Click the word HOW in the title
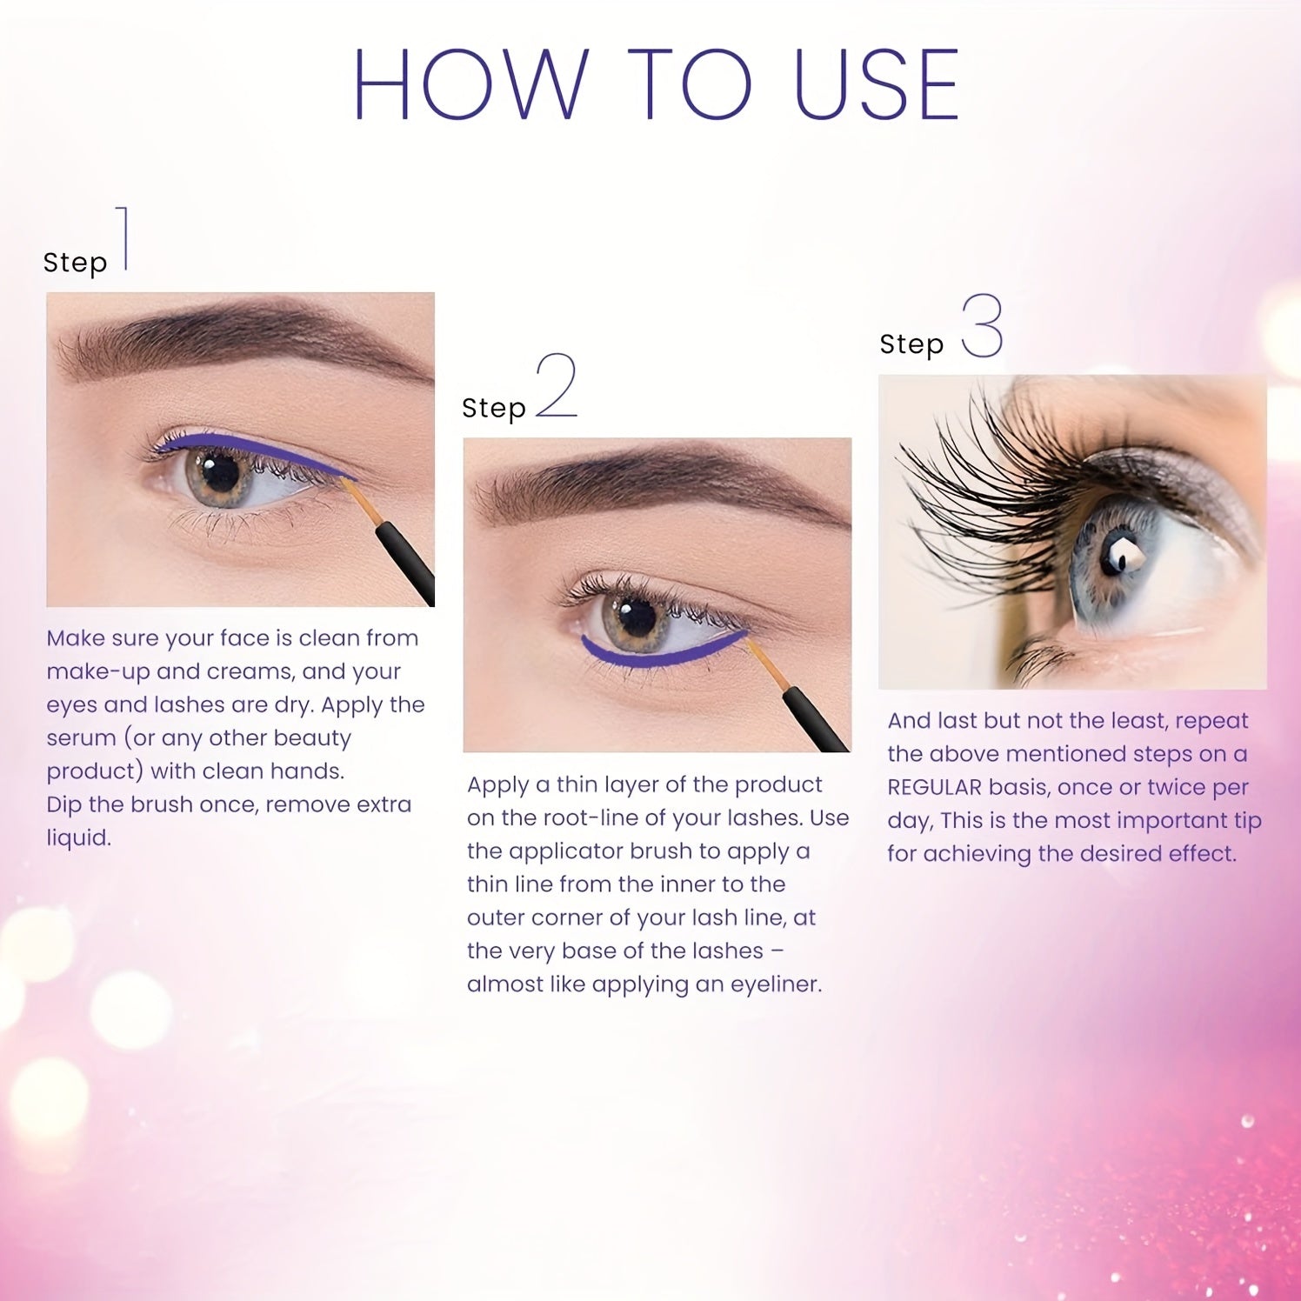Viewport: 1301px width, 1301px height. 470,84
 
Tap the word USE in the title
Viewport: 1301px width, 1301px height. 876,84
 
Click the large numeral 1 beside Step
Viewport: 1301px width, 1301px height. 124,238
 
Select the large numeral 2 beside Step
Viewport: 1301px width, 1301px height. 557,385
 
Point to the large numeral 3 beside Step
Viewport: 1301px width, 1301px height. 983,326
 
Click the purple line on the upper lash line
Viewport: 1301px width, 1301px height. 252,448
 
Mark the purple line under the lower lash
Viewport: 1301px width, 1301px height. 661,658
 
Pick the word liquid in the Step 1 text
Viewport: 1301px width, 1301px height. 78,838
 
